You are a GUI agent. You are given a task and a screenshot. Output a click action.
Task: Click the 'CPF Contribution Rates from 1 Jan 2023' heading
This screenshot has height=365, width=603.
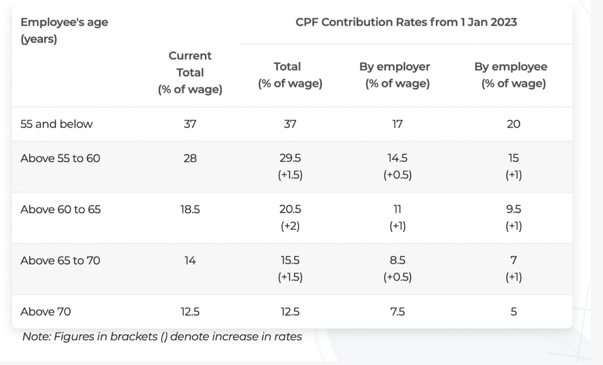(406, 22)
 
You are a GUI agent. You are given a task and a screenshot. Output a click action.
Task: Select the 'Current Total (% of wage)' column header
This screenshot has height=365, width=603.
(190, 73)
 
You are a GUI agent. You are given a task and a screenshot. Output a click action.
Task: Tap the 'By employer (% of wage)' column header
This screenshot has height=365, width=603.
(397, 75)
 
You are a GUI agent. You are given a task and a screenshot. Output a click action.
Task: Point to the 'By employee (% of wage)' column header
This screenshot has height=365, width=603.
(513, 75)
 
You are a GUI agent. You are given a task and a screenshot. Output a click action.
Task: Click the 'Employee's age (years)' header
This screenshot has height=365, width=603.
(64, 30)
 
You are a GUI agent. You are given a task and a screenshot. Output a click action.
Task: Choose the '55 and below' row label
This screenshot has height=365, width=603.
(57, 124)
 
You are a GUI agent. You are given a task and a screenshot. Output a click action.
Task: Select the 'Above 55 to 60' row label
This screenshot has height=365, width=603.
(60, 158)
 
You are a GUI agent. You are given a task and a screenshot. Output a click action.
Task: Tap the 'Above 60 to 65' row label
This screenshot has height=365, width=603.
(60, 209)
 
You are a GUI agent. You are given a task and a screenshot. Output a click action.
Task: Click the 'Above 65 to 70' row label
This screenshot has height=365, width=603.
(60, 260)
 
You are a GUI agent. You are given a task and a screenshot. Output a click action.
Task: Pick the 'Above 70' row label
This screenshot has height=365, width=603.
(46, 312)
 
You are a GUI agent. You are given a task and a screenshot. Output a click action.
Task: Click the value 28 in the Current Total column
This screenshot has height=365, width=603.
(190, 158)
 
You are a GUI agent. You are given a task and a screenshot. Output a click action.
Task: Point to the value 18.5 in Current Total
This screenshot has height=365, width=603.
(190, 209)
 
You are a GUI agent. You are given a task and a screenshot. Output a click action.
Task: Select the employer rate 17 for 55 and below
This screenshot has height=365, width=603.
(397, 124)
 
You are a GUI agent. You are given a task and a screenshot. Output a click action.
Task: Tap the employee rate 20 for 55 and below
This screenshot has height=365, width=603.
(513, 124)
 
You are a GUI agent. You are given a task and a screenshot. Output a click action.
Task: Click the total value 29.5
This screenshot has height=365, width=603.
(290, 158)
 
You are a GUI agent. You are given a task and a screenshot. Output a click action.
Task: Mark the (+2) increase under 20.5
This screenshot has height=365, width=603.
(290, 226)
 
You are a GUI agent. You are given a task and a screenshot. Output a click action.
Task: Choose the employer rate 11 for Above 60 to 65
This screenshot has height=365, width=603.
(397, 209)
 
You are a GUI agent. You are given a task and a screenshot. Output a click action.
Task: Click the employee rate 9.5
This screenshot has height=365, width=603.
(513, 209)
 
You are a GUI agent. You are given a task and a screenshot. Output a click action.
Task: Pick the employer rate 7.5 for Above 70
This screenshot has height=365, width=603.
(397, 312)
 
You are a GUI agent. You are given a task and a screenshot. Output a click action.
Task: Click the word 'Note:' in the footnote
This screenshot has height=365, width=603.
(37, 336)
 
